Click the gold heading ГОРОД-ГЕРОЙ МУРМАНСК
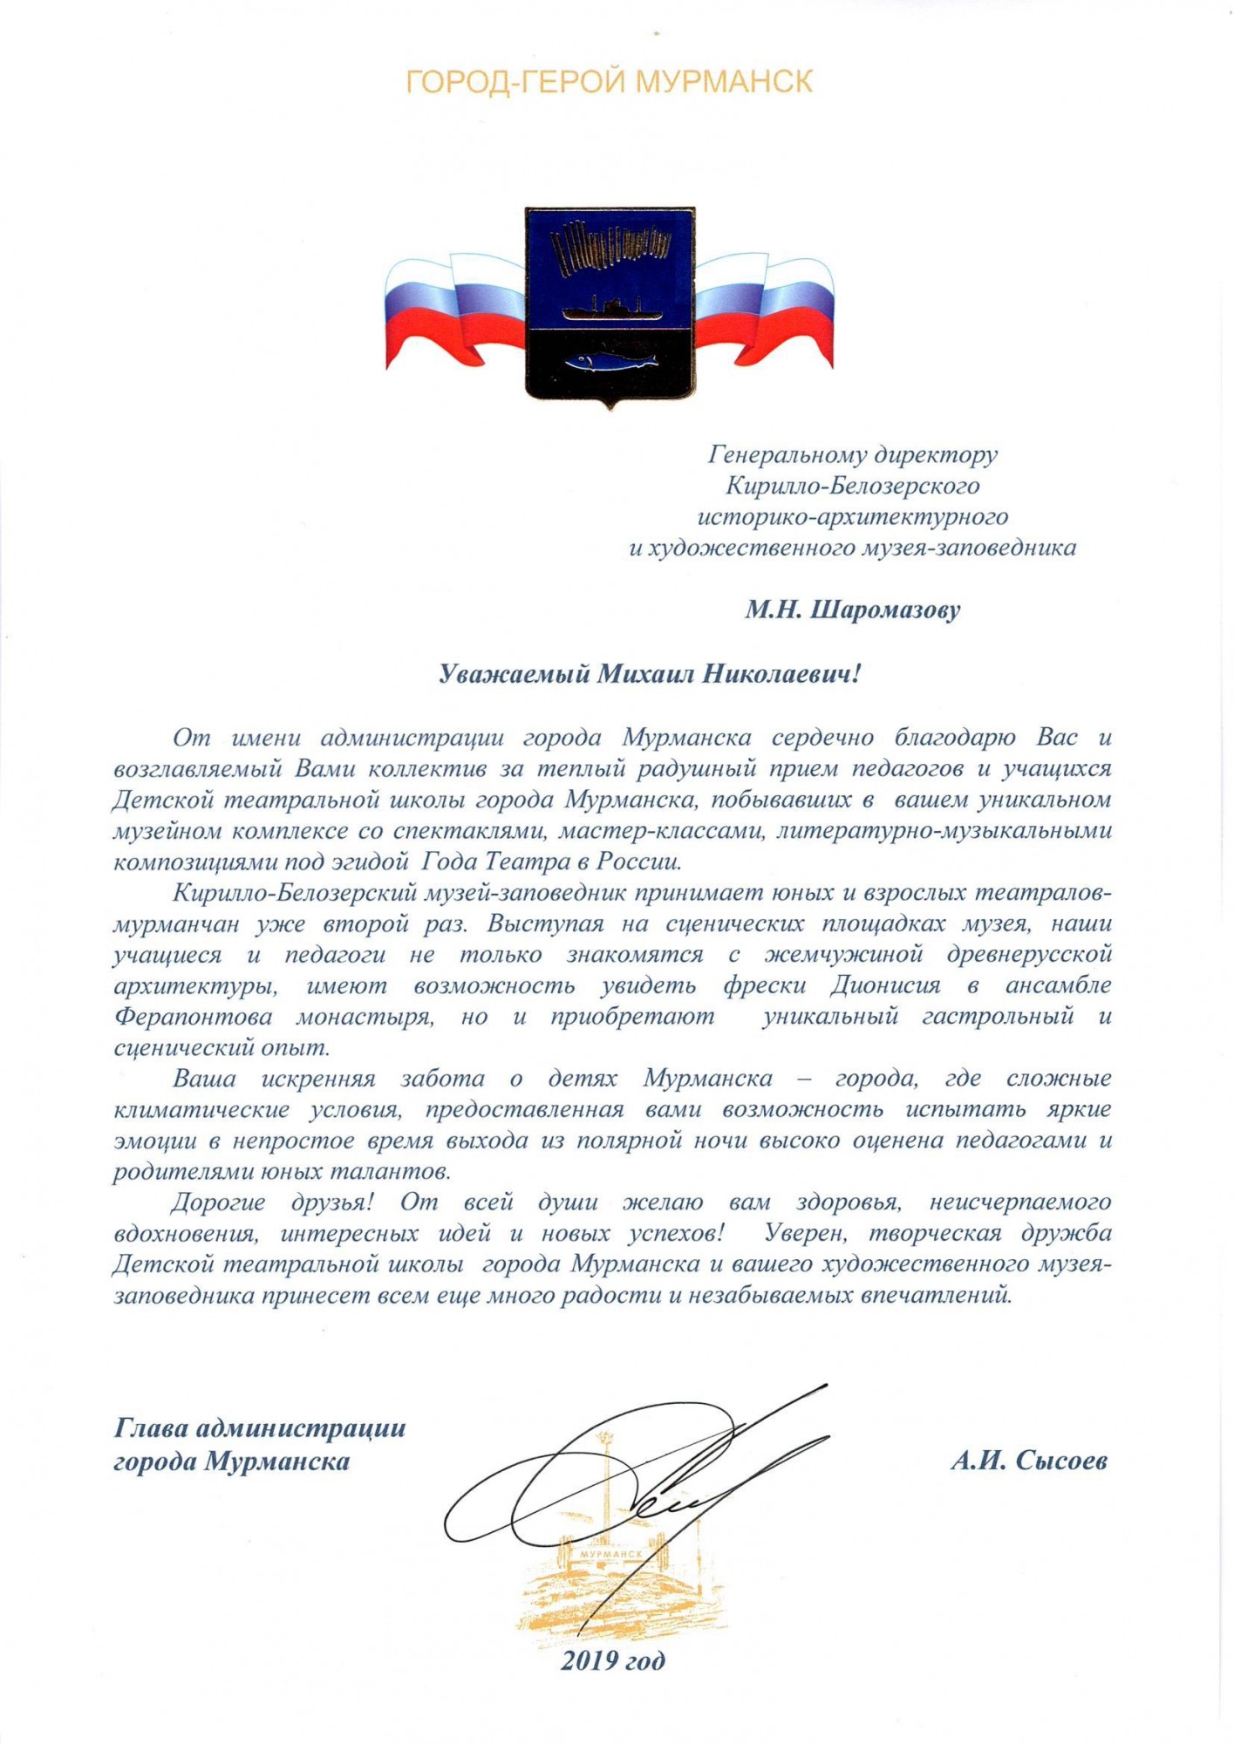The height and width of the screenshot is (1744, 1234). [609, 82]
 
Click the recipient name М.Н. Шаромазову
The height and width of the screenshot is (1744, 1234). [852, 610]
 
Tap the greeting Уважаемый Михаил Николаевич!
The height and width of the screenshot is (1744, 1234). [649, 674]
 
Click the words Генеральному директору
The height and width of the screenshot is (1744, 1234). [852, 454]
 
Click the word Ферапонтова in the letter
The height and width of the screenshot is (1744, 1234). [193, 1017]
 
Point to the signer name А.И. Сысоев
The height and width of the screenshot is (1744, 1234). [1029, 1461]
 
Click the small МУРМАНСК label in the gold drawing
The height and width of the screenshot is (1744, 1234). [610, 1554]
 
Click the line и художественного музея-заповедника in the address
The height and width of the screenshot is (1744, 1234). [852, 548]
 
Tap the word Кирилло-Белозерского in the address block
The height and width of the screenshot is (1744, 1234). [852, 486]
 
